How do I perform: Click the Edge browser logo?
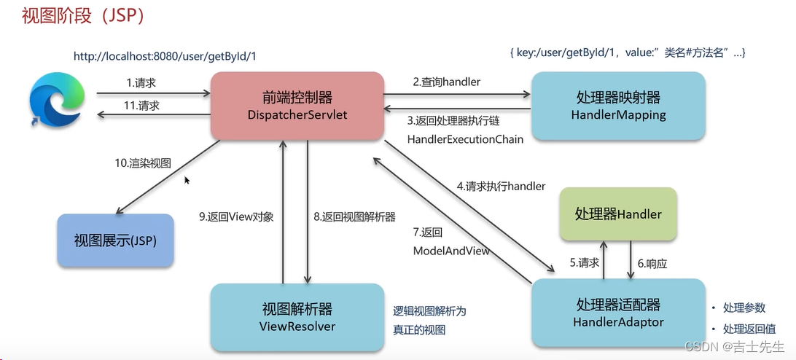(x=55, y=99)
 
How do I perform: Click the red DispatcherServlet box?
(x=297, y=106)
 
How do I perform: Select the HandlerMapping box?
(x=618, y=106)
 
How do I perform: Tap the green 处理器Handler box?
(x=618, y=214)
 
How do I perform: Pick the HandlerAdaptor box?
(x=618, y=313)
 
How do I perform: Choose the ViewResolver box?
(x=297, y=317)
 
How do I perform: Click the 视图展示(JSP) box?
(x=115, y=240)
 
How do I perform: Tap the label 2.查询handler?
(x=447, y=82)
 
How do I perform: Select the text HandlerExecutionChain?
(x=465, y=138)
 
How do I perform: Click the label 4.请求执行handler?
(x=501, y=186)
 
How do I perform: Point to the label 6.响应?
(x=652, y=264)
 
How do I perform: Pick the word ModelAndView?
(x=451, y=250)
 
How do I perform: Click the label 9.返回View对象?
(x=236, y=216)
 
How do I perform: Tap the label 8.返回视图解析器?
(x=354, y=216)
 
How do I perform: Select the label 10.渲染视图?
(x=143, y=163)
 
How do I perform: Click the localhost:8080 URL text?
(x=165, y=56)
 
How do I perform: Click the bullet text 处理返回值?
(x=749, y=329)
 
